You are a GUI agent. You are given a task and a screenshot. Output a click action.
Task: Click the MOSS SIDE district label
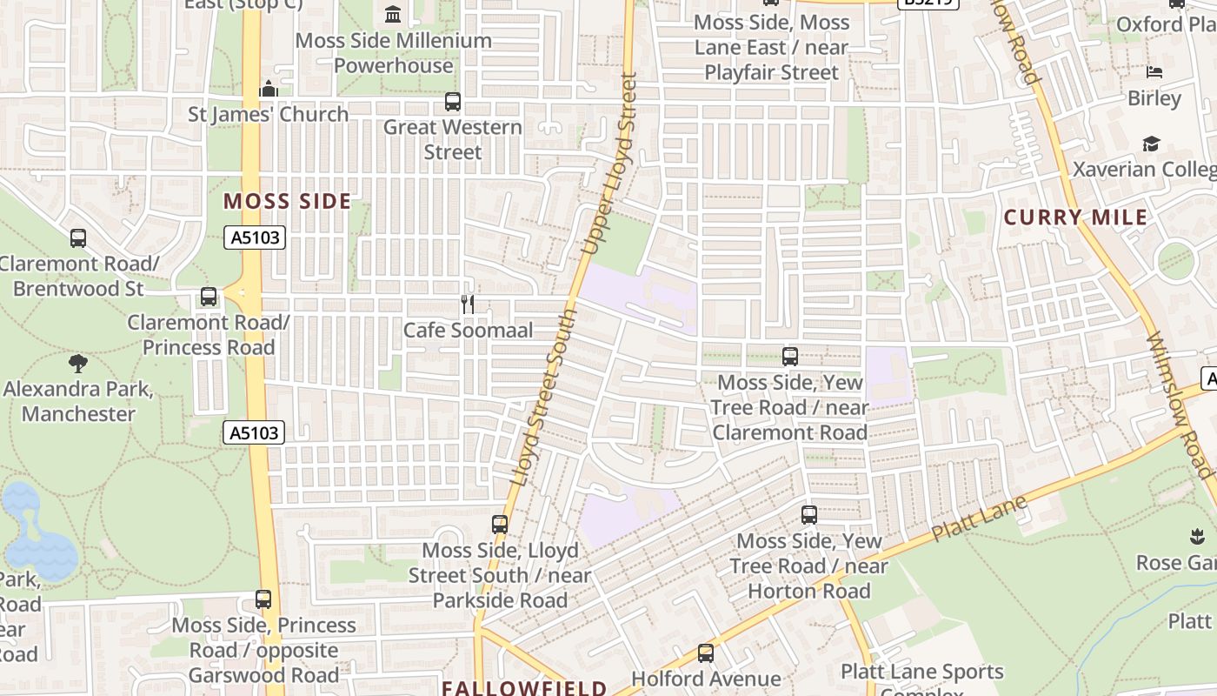tap(288, 202)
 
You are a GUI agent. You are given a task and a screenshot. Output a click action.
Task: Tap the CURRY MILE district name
tap(1076, 217)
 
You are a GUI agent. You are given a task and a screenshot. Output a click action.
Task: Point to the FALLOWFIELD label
tap(524, 688)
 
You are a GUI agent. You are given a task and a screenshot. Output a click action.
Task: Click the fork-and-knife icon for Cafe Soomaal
tap(468, 304)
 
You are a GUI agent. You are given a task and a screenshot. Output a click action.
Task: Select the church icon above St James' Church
tap(269, 89)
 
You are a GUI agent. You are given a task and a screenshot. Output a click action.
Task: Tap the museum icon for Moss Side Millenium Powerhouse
tap(393, 15)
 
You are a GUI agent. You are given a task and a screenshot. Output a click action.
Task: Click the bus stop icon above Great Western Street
tap(453, 102)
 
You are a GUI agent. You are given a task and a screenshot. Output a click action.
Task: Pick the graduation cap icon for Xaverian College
tap(1151, 144)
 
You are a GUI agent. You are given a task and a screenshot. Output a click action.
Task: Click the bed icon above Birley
tap(1154, 72)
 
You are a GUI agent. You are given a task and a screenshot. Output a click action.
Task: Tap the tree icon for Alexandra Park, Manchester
tap(78, 363)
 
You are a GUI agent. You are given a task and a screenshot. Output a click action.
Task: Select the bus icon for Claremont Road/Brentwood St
tap(78, 238)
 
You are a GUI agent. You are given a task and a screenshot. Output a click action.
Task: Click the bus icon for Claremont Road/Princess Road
tap(209, 297)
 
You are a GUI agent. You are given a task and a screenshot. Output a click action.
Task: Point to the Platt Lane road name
tap(980, 519)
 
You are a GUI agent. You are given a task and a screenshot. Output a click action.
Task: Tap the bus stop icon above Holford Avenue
tap(706, 652)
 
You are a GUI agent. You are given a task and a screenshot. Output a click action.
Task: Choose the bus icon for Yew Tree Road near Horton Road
tap(809, 515)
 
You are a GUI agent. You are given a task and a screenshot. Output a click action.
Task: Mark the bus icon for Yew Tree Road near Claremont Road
tap(790, 357)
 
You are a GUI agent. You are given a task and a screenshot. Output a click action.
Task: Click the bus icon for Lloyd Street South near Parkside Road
tap(500, 525)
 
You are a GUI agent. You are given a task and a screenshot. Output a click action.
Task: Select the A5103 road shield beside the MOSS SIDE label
tap(256, 237)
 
